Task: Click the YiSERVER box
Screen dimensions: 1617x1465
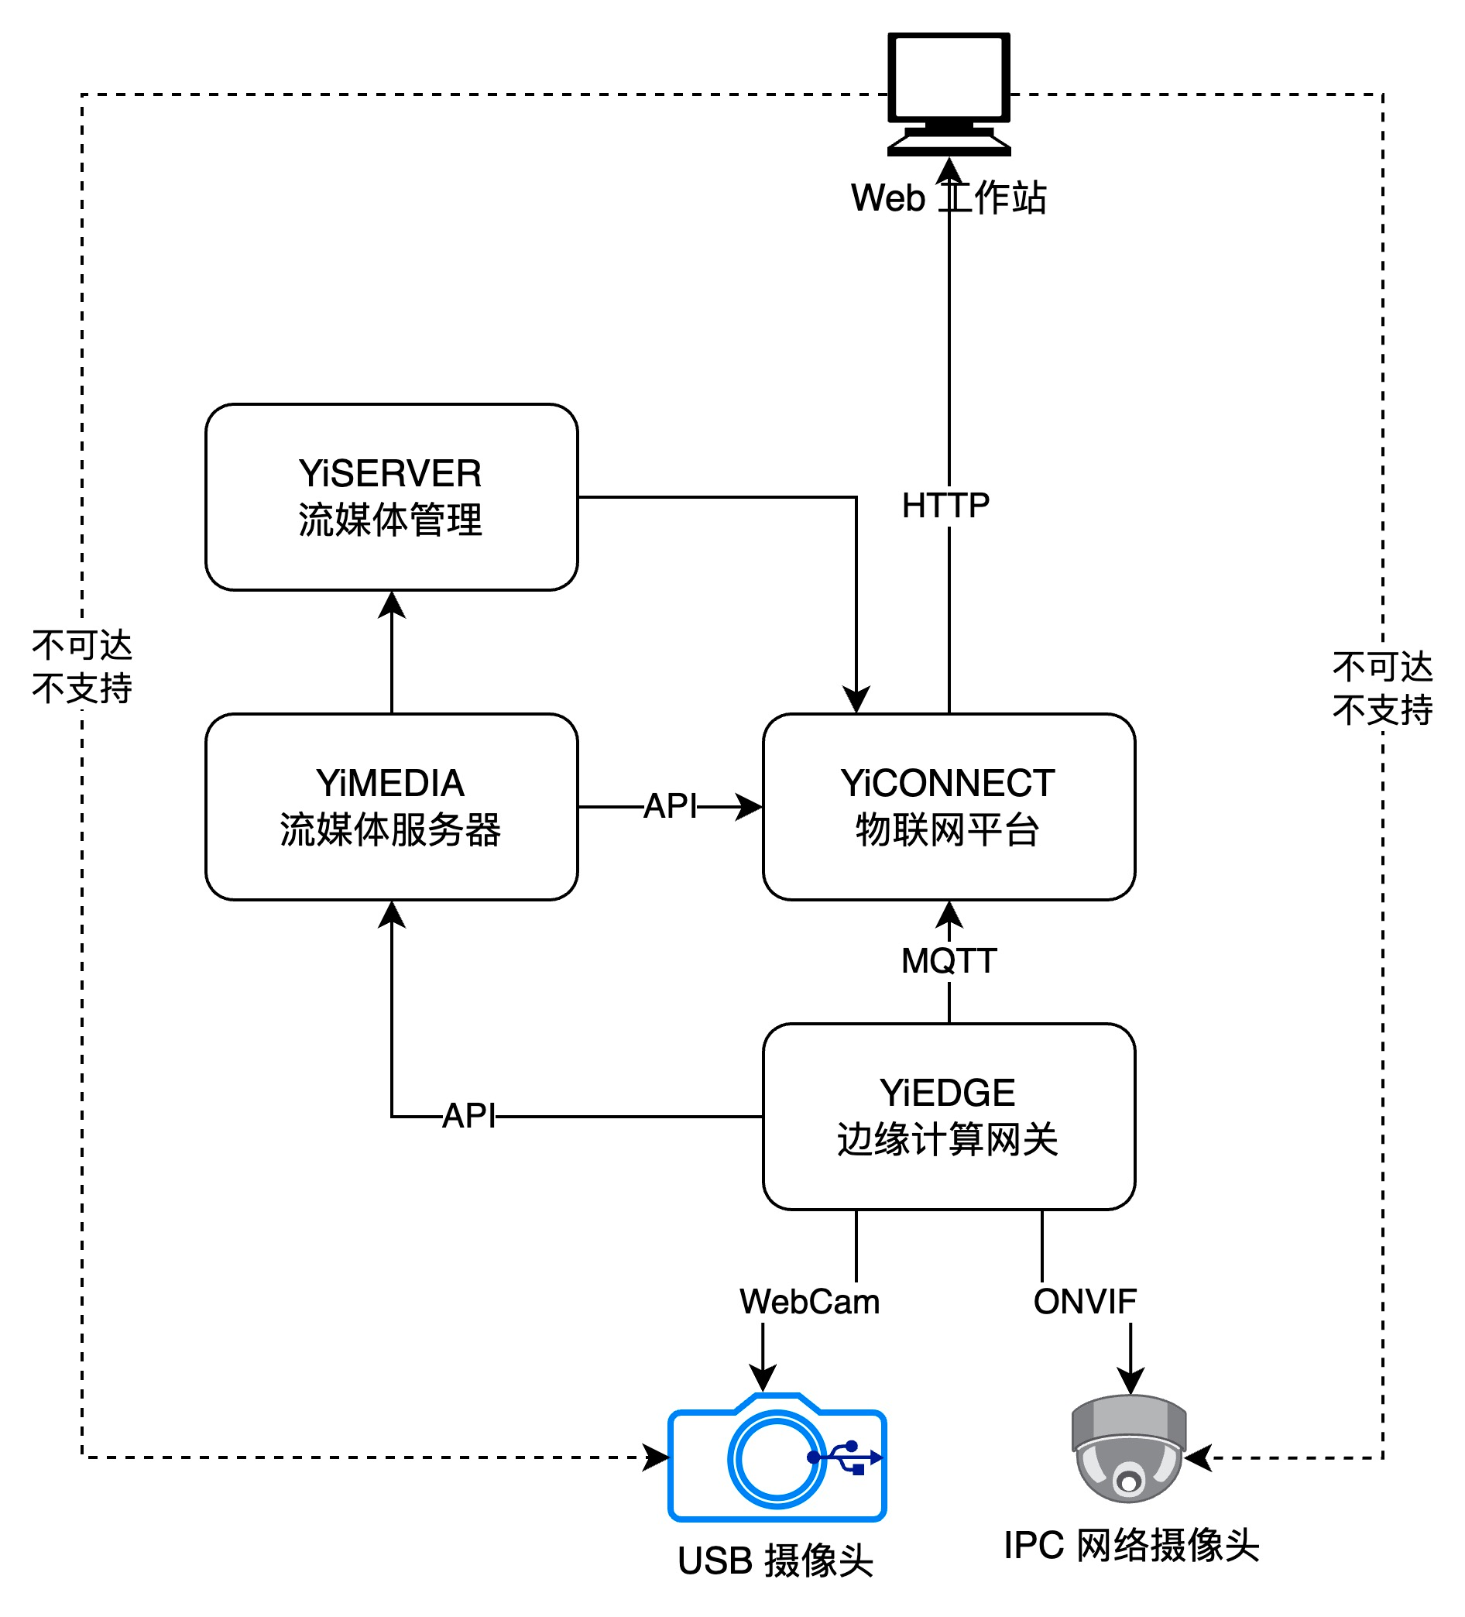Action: (x=391, y=496)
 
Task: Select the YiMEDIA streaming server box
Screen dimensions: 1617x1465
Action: (x=391, y=806)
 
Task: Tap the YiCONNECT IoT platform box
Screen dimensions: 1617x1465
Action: (x=949, y=806)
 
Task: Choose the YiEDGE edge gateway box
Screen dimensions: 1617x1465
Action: (x=949, y=1116)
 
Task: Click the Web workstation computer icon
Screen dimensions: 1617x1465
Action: (x=949, y=92)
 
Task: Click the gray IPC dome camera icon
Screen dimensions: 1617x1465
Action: (x=1129, y=1448)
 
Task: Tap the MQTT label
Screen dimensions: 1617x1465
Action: (x=949, y=961)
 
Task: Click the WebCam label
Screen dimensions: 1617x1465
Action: (x=809, y=1302)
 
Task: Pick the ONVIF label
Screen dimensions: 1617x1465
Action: (x=1084, y=1302)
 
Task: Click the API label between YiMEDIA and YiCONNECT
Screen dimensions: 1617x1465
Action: (x=671, y=806)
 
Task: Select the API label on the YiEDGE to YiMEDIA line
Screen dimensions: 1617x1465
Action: (x=469, y=1116)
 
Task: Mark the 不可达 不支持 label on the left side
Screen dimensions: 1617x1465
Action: (x=82, y=667)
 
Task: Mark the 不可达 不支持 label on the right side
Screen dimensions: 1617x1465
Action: (x=1382, y=688)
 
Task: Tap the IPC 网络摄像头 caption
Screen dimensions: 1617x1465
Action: (x=1130, y=1545)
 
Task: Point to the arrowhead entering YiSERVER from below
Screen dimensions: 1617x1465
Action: (x=391, y=605)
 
